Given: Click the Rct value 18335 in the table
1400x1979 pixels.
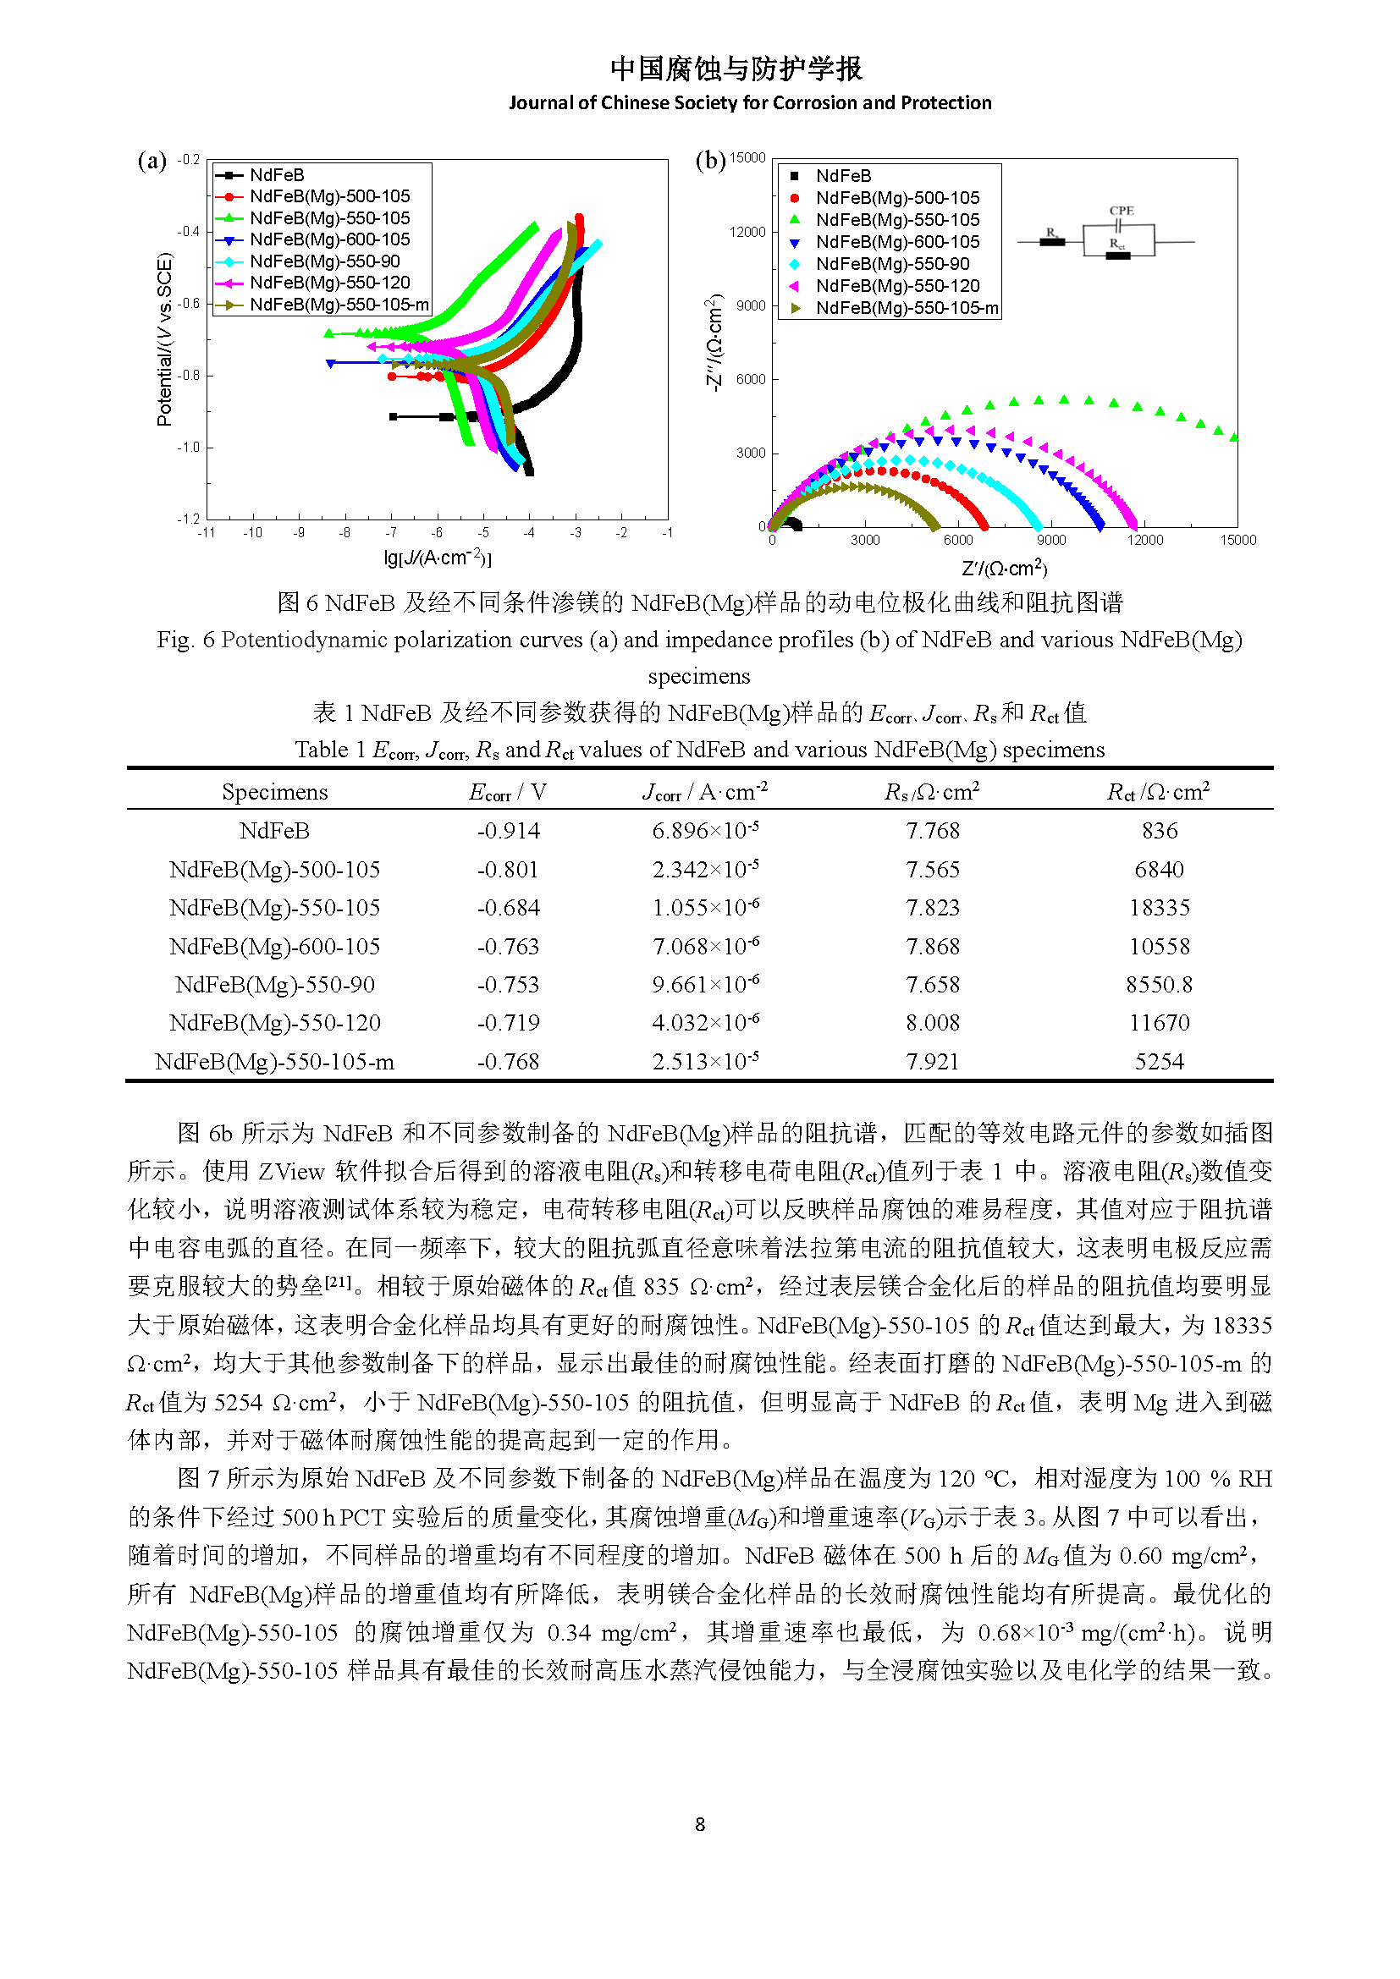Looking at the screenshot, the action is pyautogui.click(x=1160, y=908).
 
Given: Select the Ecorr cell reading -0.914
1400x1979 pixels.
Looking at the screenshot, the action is pyautogui.click(x=509, y=831).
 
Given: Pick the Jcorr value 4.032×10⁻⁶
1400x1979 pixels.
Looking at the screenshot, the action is pyautogui.click(x=706, y=1022).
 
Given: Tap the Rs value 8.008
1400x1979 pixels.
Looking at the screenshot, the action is pyautogui.click(x=933, y=1023).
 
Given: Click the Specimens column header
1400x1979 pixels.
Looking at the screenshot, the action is pyautogui.click(x=275, y=792).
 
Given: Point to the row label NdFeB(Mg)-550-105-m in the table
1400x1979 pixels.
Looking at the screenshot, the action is pyautogui.click(x=275, y=1062).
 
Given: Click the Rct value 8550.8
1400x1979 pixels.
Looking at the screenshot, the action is pyautogui.click(x=1160, y=984).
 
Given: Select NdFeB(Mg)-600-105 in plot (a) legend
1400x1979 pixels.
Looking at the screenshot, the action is pyautogui.click(x=330, y=239).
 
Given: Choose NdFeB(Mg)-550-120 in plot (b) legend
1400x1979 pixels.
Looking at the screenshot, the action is pyautogui.click(x=897, y=286).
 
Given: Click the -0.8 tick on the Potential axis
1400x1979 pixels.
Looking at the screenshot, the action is pyautogui.click(x=189, y=376).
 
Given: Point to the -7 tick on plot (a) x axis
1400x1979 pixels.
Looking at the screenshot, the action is pyautogui.click(x=391, y=533).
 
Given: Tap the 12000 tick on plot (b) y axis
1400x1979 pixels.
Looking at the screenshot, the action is pyautogui.click(x=747, y=232).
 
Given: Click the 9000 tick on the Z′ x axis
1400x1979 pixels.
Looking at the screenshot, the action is pyautogui.click(x=1052, y=541).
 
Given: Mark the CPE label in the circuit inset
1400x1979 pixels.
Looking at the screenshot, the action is pyautogui.click(x=1122, y=211).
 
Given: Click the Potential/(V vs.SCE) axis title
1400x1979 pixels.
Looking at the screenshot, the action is pyautogui.click(x=164, y=339).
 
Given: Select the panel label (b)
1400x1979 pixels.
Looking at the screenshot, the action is pyautogui.click(x=711, y=162).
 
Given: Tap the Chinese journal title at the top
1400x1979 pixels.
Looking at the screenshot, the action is pyautogui.click(x=736, y=69).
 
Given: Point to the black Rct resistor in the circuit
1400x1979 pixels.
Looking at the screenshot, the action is pyautogui.click(x=1118, y=256).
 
